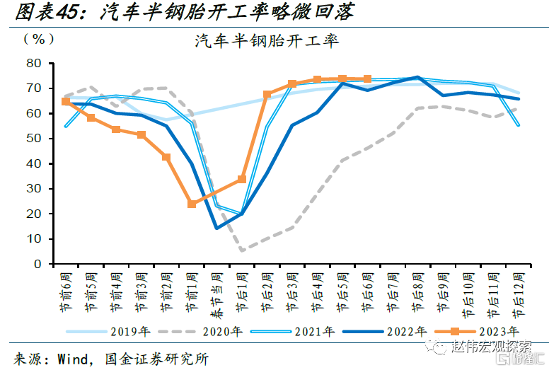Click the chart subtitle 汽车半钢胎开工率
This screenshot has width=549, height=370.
click(x=267, y=41)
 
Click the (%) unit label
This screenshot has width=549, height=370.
click(x=38, y=39)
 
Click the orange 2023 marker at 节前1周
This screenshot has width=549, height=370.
click(x=191, y=204)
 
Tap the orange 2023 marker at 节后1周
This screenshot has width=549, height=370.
click(x=242, y=179)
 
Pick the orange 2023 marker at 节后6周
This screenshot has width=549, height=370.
click(x=367, y=79)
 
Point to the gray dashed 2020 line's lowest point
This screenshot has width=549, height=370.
click(x=242, y=250)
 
